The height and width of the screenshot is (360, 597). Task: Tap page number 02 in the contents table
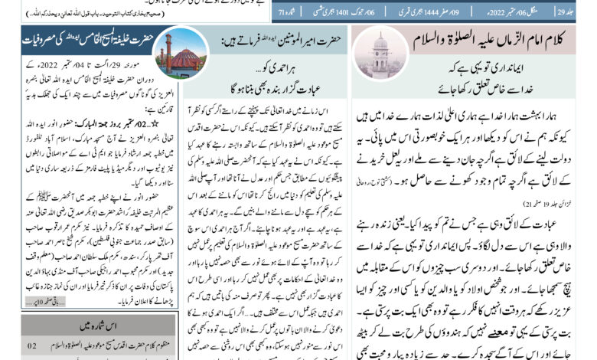[x=32, y=347]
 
